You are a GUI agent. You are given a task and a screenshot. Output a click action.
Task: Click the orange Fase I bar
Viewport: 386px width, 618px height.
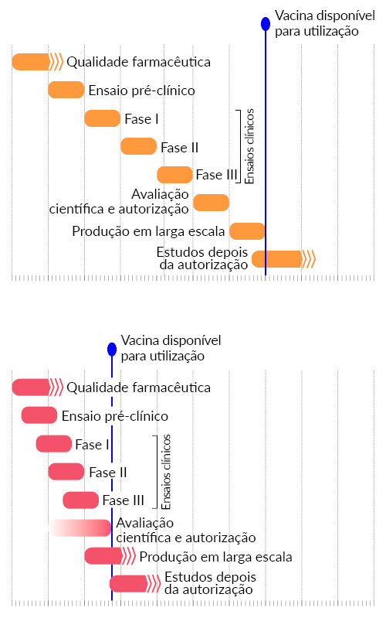pyautogui.click(x=103, y=118)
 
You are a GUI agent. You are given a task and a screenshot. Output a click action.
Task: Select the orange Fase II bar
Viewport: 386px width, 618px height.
pyautogui.click(x=138, y=146)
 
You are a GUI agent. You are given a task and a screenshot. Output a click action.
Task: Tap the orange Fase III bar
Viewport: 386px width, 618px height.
pyautogui.click(x=174, y=175)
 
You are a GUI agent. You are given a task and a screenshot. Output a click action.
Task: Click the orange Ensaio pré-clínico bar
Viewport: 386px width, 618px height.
pyautogui.click(x=66, y=90)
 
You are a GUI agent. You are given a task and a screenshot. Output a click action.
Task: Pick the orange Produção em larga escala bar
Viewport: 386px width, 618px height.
pyautogui.click(x=247, y=231)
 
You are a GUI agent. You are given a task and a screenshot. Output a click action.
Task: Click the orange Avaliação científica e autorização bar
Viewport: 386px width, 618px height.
pyautogui.click(x=211, y=203)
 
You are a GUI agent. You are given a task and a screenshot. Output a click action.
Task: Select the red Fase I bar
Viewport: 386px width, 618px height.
pyautogui.click(x=54, y=444)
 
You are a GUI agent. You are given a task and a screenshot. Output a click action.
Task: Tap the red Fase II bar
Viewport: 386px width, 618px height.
pyautogui.click(x=66, y=472)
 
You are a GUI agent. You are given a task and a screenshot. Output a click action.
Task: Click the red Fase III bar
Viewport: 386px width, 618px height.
pyautogui.click(x=80, y=500)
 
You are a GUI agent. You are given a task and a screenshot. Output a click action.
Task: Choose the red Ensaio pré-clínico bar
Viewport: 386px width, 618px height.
pyautogui.click(x=39, y=415)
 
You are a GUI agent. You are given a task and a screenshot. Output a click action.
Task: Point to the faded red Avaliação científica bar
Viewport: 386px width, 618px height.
pyautogui.click(x=80, y=528)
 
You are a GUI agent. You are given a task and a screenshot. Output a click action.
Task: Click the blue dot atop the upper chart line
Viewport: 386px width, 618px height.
pyautogui.click(x=266, y=24)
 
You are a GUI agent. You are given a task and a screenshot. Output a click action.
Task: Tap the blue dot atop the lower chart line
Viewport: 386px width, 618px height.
pyautogui.click(x=112, y=349)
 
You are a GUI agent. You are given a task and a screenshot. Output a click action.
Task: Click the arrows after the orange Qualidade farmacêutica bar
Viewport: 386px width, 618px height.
pyautogui.click(x=56, y=62)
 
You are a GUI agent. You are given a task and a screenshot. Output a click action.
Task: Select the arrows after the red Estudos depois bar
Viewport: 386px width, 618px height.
pyautogui.click(x=154, y=584)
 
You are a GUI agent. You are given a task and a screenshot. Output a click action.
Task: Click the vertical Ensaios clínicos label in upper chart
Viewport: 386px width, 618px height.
pyautogui.click(x=249, y=146)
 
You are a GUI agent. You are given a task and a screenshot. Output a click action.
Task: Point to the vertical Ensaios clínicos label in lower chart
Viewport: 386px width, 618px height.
pyautogui.click(x=166, y=472)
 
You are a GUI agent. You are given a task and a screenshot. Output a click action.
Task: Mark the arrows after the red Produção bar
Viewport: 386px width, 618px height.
pyautogui.click(x=129, y=556)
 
